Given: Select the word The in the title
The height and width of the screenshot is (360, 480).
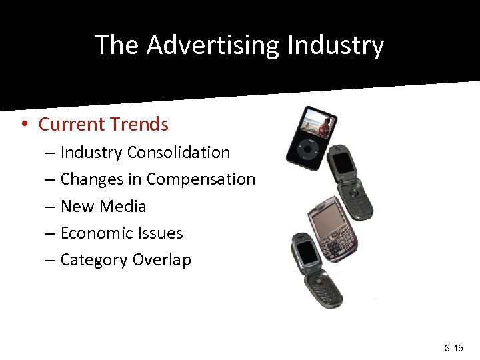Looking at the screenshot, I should click(x=117, y=45).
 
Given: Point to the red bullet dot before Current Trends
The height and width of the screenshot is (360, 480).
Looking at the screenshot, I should click(x=23, y=124).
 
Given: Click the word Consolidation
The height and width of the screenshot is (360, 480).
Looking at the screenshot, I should click(x=179, y=152).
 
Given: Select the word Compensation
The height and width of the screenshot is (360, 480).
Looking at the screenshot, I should click(x=201, y=179).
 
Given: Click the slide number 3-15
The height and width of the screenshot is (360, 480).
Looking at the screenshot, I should click(x=453, y=349).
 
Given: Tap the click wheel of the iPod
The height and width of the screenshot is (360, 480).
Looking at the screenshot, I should click(x=308, y=151).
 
